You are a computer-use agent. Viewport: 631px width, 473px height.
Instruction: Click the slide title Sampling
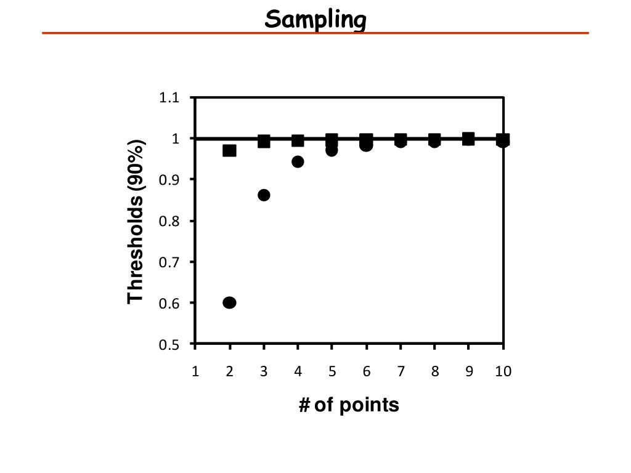(315, 20)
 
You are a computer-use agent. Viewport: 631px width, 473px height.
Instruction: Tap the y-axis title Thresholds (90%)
(136, 222)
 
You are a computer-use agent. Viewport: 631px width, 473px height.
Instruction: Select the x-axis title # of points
(349, 405)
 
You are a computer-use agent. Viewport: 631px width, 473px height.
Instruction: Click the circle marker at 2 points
(229, 302)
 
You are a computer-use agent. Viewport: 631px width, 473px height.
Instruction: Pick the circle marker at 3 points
(264, 195)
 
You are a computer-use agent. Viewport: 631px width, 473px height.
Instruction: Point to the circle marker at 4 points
(298, 161)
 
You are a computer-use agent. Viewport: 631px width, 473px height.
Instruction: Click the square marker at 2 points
(229, 150)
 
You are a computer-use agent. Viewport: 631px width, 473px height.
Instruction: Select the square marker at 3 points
(264, 141)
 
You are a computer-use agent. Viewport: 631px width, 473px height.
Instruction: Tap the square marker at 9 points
(468, 139)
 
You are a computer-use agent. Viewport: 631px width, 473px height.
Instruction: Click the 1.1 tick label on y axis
(169, 98)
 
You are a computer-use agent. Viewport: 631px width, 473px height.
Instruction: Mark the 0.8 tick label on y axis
(169, 221)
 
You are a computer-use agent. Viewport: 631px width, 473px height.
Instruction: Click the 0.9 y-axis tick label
(169, 180)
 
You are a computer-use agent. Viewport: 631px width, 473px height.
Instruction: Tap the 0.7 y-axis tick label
(169, 262)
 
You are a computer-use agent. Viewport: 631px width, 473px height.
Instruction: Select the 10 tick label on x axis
(503, 371)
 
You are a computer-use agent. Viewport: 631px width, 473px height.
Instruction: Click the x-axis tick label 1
(195, 371)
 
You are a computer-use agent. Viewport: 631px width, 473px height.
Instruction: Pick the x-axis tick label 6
(367, 371)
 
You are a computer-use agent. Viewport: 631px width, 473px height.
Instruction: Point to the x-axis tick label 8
(435, 371)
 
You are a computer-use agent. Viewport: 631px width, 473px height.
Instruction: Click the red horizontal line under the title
(315, 33)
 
